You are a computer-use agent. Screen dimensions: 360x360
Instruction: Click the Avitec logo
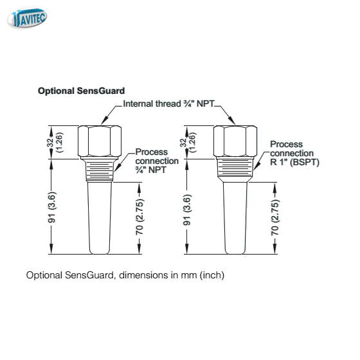pos(27,18)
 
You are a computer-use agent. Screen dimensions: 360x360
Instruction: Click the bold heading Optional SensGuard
pos(81,91)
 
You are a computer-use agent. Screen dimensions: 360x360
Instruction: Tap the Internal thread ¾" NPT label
pos(168,104)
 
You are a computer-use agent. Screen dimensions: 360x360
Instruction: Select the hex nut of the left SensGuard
pos(100,141)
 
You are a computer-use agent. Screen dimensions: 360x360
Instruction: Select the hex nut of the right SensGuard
pos(235,141)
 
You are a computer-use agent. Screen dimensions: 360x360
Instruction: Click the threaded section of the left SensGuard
pos(100,170)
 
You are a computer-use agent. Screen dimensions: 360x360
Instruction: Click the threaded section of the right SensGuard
pos(235,168)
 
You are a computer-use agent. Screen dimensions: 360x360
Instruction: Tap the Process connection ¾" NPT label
pos(157,161)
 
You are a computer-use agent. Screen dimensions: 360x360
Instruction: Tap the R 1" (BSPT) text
pos(294,162)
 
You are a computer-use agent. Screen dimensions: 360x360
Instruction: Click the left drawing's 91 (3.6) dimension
pos(51,207)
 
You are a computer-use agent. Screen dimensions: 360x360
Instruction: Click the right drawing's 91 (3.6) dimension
pos(187,210)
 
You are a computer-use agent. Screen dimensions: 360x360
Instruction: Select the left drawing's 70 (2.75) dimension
pos(139,217)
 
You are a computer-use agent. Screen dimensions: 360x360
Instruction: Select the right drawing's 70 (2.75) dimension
pos(275,217)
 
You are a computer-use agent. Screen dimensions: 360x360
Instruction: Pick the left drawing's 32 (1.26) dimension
pos(55,143)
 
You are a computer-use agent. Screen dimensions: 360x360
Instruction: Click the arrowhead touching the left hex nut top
pos(105,121)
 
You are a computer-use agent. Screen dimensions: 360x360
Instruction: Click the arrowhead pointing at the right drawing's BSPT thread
pos(256,166)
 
